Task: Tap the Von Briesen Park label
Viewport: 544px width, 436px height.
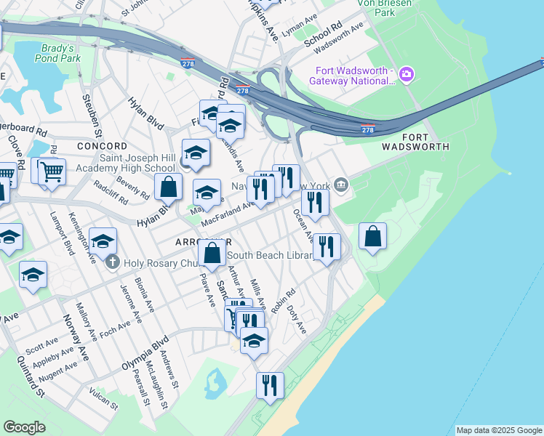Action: tap(385, 7)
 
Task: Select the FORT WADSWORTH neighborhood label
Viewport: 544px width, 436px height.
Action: tap(425, 142)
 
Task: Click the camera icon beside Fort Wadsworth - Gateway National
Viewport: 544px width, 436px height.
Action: tap(406, 74)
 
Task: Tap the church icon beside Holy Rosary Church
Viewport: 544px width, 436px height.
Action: tap(112, 262)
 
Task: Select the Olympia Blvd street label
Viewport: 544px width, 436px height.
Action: tap(145, 352)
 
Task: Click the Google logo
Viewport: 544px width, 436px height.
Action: tap(24, 427)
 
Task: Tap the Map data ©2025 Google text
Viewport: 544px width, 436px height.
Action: tap(498, 430)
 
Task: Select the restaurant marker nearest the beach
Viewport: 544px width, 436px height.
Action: tap(270, 385)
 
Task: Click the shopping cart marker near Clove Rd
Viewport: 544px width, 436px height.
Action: tap(52, 172)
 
